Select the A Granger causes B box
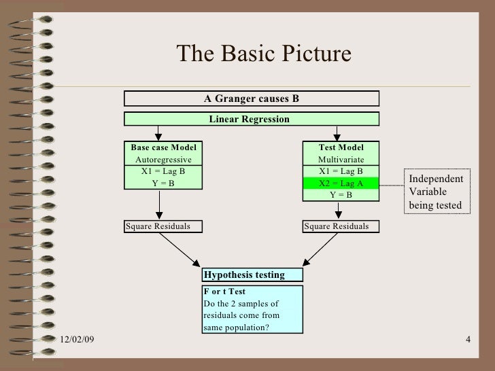(252, 99)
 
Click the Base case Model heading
(163, 148)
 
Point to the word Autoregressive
(163, 160)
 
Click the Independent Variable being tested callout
(436, 192)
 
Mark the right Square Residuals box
(341, 226)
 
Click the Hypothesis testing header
(252, 275)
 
